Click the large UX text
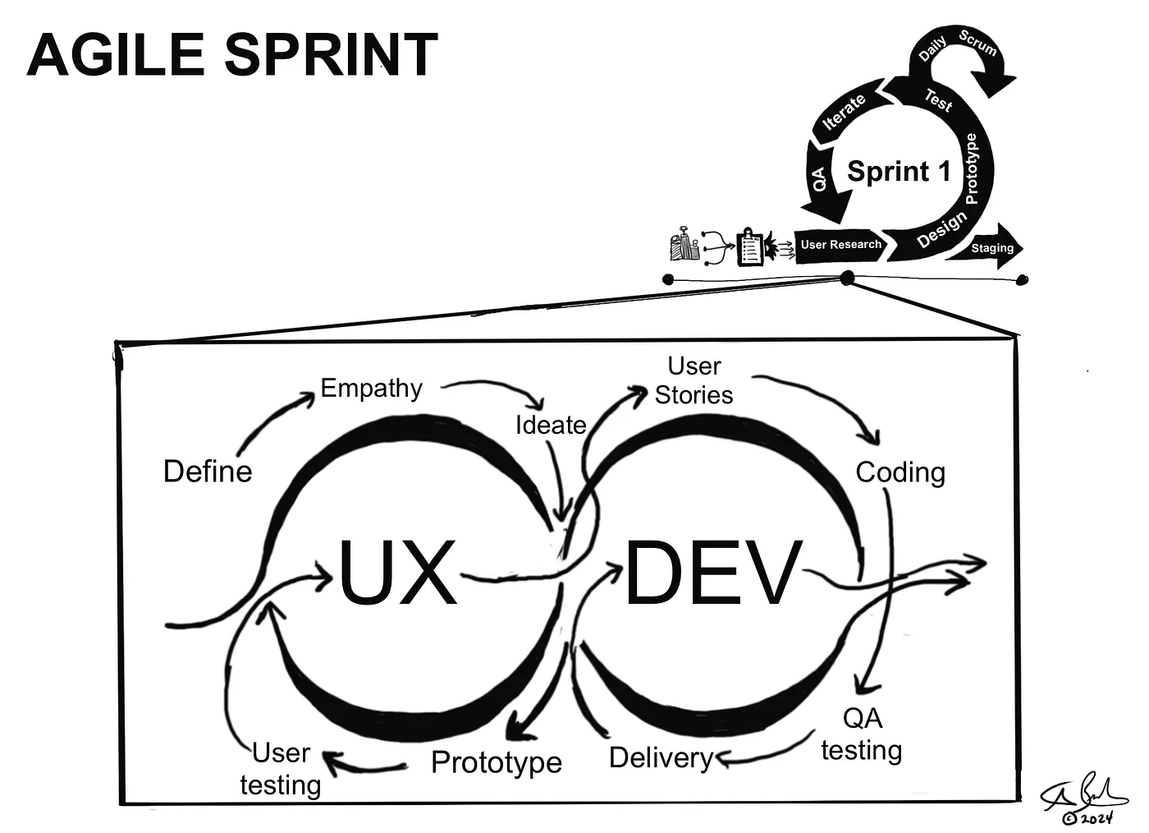point(397,573)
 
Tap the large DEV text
point(712,573)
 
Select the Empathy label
point(371,388)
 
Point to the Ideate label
point(550,425)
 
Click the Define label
point(208,472)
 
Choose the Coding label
point(900,472)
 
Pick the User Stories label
point(694,380)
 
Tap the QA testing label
point(862,734)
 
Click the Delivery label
point(661,757)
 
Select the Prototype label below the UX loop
point(496,762)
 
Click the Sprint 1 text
point(899,171)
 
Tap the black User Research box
point(840,245)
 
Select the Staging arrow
point(989,247)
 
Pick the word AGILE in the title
point(115,55)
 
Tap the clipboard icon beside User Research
point(750,246)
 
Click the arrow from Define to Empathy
point(275,421)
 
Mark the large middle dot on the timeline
point(847,278)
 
